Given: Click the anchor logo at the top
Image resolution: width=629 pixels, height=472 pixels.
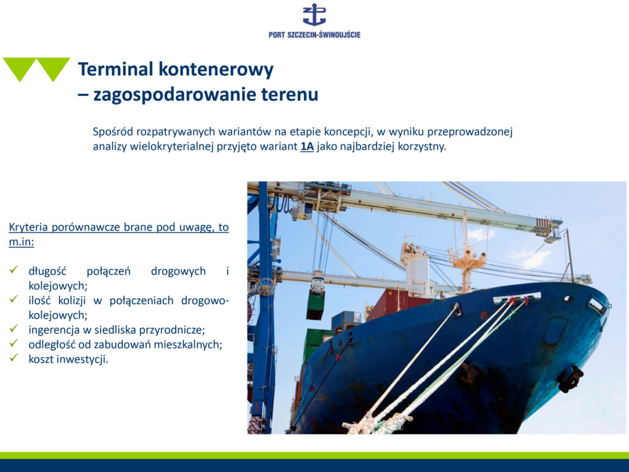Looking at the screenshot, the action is click(x=314, y=15).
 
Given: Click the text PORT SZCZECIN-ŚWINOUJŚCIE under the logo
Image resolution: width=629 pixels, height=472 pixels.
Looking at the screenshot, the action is click(x=314, y=34).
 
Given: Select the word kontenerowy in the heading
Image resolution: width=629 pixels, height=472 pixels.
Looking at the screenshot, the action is click(x=216, y=69).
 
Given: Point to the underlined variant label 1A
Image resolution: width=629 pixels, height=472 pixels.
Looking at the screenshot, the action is click(x=307, y=146).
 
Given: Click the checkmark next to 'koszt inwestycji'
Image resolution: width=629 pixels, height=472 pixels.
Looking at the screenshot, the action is click(x=14, y=358).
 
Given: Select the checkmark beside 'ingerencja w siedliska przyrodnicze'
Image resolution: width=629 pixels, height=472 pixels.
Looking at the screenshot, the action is click(x=14, y=328).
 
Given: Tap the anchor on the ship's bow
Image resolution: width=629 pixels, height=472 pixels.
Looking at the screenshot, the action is click(x=571, y=379).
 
